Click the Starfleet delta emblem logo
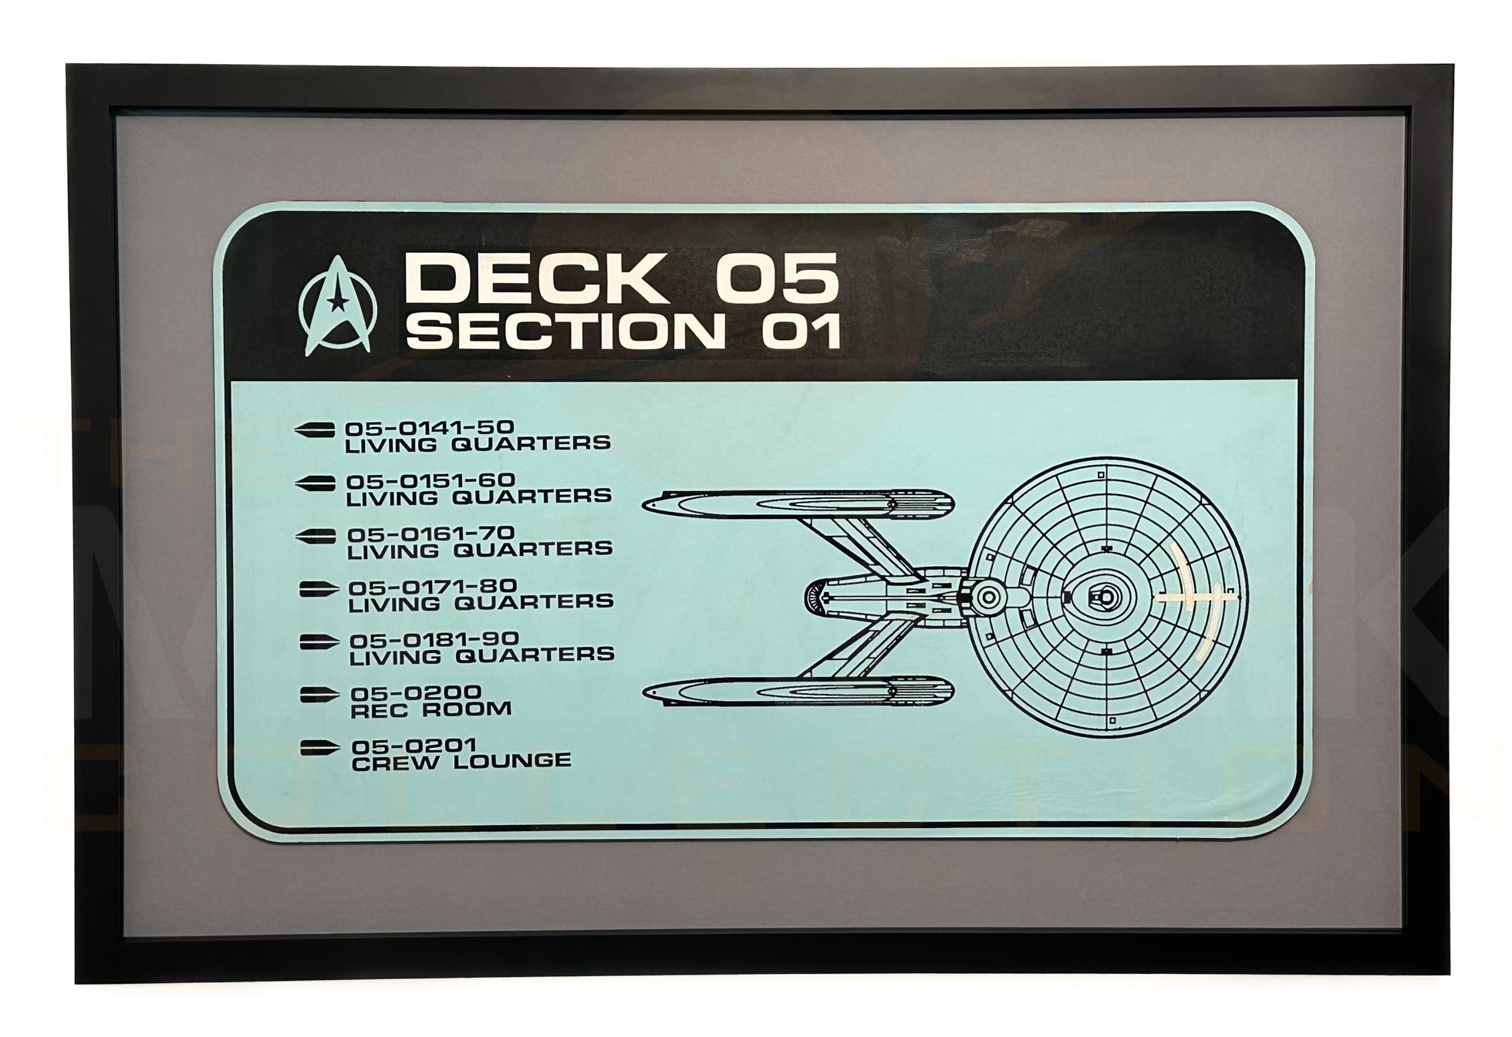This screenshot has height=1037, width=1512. [x=337, y=305]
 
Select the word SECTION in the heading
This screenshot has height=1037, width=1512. [x=565, y=332]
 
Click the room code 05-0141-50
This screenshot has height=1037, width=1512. [x=429, y=427]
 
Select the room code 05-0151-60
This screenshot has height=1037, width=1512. [x=430, y=480]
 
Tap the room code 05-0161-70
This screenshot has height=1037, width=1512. [x=430, y=534]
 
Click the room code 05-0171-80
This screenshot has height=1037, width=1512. [x=432, y=587]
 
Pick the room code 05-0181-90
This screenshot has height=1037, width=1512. [x=434, y=640]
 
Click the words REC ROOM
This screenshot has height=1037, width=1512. [x=430, y=709]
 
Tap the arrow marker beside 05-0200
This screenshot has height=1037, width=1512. [x=319, y=695]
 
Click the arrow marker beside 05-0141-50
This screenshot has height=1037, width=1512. [x=315, y=429]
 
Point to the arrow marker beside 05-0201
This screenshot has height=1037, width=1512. [x=319, y=747]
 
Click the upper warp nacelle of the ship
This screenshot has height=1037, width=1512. [x=798, y=503]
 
